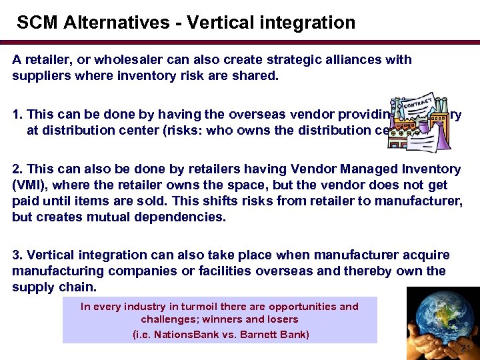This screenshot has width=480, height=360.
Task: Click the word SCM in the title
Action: click(38, 23)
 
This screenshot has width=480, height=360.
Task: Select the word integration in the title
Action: click(309, 23)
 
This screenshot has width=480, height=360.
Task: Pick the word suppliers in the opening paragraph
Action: click(39, 75)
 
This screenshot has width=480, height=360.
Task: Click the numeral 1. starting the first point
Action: click(18, 115)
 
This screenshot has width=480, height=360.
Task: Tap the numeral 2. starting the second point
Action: click(18, 169)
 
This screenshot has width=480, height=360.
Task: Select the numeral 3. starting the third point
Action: click(18, 255)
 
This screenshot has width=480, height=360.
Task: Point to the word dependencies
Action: click(184, 217)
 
